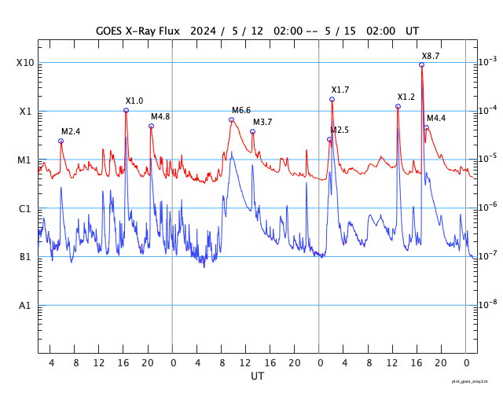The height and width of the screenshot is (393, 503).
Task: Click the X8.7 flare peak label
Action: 431,57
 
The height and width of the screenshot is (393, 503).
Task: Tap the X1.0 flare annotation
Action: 134,101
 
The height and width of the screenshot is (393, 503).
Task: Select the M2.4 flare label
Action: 71,131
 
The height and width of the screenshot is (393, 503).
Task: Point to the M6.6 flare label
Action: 240,110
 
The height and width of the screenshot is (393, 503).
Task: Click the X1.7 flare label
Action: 340,90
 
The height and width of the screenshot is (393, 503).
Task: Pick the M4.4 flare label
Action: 436,118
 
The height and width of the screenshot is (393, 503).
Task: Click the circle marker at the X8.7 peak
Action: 422,65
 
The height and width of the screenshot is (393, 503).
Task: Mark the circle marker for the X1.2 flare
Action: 398,106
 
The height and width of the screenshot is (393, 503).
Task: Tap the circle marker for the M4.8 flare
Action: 151,126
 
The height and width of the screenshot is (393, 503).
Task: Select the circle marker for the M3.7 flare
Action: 252,131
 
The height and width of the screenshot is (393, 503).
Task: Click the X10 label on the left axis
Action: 24,63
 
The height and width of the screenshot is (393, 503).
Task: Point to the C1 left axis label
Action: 25,209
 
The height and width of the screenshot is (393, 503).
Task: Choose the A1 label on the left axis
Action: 25,306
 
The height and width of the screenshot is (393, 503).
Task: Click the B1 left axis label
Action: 25,257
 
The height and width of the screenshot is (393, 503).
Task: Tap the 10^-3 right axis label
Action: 488,61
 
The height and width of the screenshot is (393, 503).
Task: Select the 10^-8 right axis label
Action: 488,304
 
